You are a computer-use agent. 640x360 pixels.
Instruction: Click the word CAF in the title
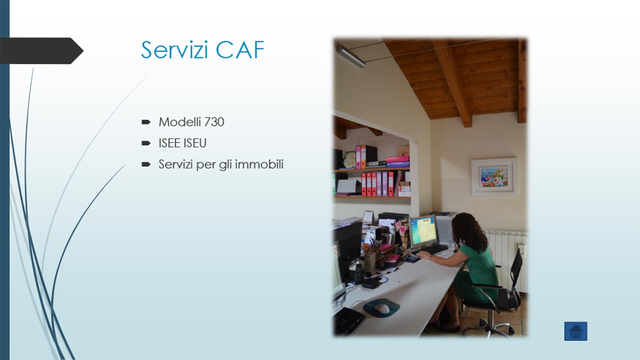point(240,50)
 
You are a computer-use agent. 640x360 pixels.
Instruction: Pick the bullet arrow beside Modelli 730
point(146,122)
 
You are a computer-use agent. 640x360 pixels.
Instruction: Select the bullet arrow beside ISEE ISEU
point(146,143)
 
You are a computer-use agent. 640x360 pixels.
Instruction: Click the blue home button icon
point(576,331)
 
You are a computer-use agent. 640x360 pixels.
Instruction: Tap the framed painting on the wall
point(494,177)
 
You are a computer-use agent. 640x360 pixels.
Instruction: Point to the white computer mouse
point(382,308)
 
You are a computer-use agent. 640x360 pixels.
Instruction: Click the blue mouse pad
point(382,308)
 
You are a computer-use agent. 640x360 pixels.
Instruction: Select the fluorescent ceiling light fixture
point(351,57)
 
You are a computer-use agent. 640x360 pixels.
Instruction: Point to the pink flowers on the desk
point(401,227)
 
